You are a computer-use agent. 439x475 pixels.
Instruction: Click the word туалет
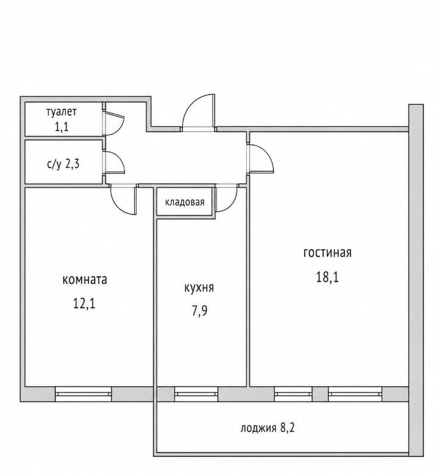pos(62,112)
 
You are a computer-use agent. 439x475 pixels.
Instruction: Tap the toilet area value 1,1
pos(62,126)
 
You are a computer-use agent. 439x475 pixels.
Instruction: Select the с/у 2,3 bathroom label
pos(63,164)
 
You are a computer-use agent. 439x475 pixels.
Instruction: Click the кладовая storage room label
pos(185,202)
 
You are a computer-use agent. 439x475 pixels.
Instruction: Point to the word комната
pos(85,280)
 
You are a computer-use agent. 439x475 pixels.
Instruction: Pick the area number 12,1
pos(84,303)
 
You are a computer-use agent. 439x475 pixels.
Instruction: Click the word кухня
pos(199,288)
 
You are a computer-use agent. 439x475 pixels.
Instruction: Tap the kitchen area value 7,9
pos(199,311)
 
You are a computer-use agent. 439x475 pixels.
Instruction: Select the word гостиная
pos(327,252)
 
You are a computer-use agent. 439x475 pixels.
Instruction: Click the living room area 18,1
pos(327,276)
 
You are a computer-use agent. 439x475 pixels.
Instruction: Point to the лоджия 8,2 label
pos(268,428)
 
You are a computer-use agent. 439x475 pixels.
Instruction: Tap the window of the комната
pos(84,394)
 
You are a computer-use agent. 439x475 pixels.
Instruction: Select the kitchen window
pos(196,394)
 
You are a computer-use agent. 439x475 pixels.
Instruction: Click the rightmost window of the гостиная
pos(355,394)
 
